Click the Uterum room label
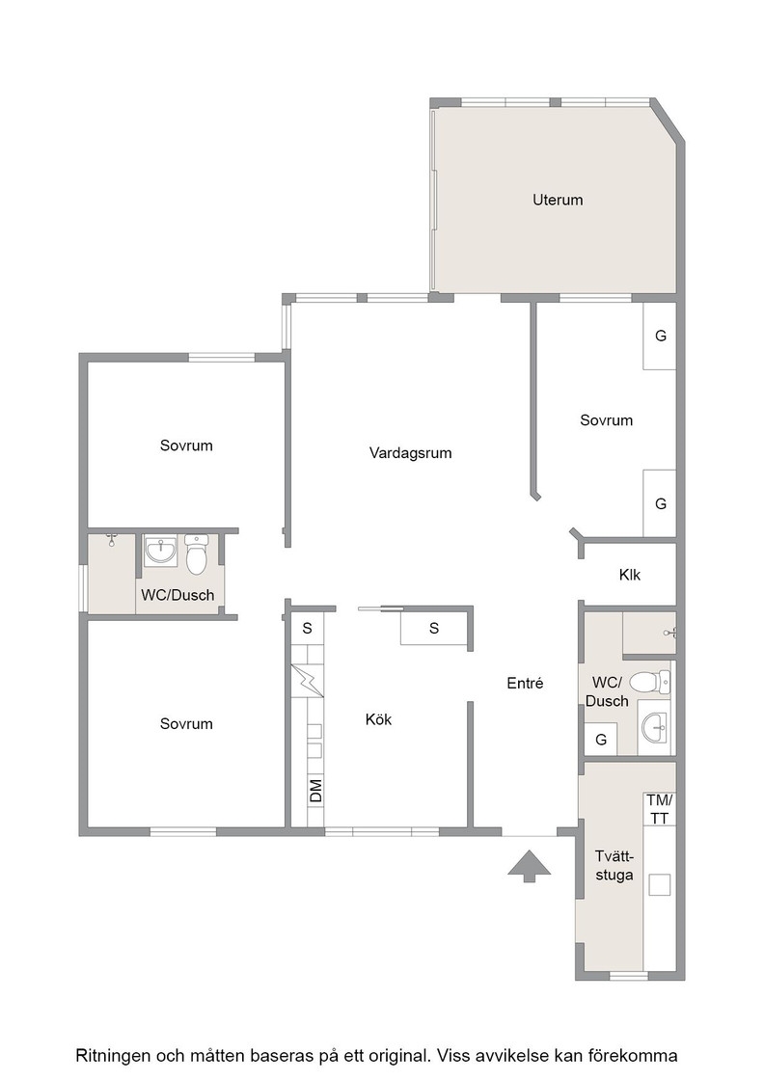pyautogui.click(x=558, y=200)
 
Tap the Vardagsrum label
pyautogui.click(x=411, y=453)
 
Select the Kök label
pyautogui.click(x=378, y=719)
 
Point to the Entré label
pyautogui.click(x=525, y=683)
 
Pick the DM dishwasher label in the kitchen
pyautogui.click(x=315, y=791)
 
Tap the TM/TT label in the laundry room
pyautogui.click(x=659, y=809)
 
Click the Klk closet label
pyautogui.click(x=630, y=575)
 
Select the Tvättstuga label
pyautogui.click(x=614, y=866)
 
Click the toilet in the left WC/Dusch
pyautogui.click(x=197, y=555)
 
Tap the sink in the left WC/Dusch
pyautogui.click(x=160, y=550)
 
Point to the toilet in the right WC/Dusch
pyautogui.click(x=649, y=683)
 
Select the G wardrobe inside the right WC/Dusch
pyautogui.click(x=601, y=740)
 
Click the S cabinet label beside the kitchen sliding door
pyautogui.click(x=434, y=628)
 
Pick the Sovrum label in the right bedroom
pyautogui.click(x=606, y=420)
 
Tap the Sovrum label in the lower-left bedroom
pyautogui.click(x=186, y=724)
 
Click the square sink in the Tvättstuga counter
pyautogui.click(x=659, y=884)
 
